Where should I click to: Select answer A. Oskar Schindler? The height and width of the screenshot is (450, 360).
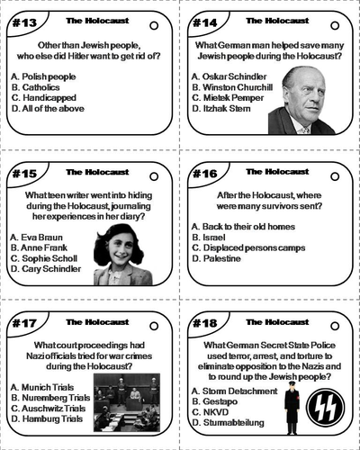pos(229,76)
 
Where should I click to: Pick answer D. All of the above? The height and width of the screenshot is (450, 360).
pos(46,109)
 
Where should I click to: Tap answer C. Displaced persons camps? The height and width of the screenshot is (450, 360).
pos(248,247)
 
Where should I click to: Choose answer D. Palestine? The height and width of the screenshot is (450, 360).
pos(216,258)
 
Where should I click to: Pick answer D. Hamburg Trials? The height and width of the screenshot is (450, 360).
pos(48,419)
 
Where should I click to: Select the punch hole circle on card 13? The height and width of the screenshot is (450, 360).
pos(154,25)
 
